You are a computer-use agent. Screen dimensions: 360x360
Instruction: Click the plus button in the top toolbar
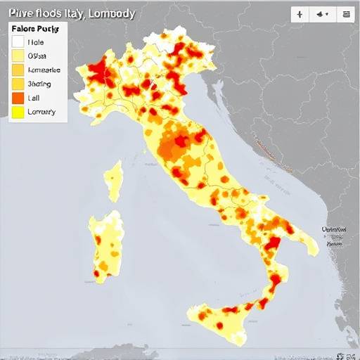pyautogui.click(x=300, y=14)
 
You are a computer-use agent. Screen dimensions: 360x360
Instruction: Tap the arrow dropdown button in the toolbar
pyautogui.click(x=323, y=14)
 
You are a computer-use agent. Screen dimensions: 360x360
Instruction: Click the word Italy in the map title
pyautogui.click(x=67, y=13)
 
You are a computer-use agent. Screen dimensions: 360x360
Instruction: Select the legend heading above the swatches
pyautogui.click(x=36, y=30)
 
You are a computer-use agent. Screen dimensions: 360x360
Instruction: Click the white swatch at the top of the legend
pyautogui.click(x=18, y=42)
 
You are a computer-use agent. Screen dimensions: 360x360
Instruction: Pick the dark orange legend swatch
pyautogui.click(x=18, y=98)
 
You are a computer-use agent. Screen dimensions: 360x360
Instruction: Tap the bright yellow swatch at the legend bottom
pyautogui.click(x=18, y=112)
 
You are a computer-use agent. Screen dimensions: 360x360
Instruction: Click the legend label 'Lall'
pyautogui.click(x=34, y=98)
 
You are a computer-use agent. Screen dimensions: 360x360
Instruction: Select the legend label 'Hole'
pyautogui.click(x=35, y=42)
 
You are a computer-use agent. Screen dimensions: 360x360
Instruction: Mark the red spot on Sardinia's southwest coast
pyautogui.click(x=96, y=274)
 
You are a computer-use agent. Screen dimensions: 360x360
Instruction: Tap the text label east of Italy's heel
pyautogui.click(x=335, y=234)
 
